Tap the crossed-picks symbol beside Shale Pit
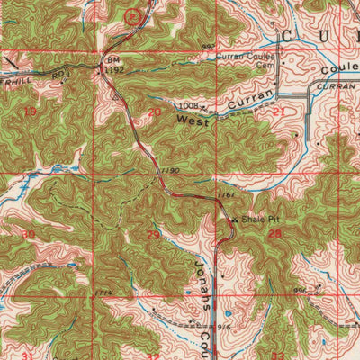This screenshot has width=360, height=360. pos(236,218)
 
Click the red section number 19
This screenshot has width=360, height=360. pos(31,111)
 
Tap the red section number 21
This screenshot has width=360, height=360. pos(279,112)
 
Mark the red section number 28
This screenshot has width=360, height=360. pos(274,234)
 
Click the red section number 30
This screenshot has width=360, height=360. pos(28,234)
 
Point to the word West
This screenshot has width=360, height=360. pos(192,120)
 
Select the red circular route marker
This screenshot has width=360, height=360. pos(134,14)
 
